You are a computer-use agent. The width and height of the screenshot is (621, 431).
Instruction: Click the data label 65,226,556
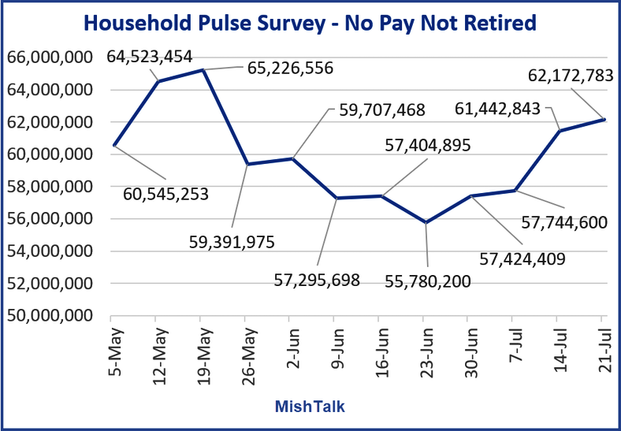point(290,68)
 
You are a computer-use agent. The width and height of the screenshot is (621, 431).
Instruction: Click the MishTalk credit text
point(310,407)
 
